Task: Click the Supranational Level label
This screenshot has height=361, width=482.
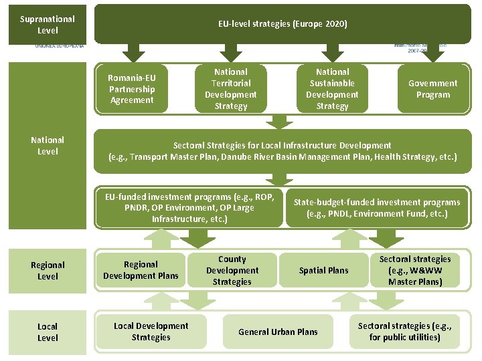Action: (x=48, y=25)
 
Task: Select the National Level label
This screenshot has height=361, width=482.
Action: (x=48, y=146)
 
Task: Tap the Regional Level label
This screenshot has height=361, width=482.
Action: (x=48, y=271)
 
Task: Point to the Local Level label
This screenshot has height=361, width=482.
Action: (x=48, y=332)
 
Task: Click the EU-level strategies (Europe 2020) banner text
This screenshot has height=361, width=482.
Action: (x=283, y=24)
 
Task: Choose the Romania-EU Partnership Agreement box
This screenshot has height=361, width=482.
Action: (x=132, y=89)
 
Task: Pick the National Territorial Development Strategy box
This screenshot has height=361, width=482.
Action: (x=231, y=89)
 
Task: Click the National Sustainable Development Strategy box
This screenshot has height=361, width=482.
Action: (x=332, y=89)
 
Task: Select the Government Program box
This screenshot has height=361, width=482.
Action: (x=433, y=89)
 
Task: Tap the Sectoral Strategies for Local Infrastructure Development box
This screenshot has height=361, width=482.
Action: (x=283, y=151)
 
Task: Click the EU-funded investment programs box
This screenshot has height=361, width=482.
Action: (x=189, y=208)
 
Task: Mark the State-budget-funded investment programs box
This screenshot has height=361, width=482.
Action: (x=377, y=208)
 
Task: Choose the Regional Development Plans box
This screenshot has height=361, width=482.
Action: (x=141, y=270)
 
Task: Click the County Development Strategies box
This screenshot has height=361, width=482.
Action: (x=232, y=270)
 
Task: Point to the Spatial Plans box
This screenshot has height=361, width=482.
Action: (x=323, y=270)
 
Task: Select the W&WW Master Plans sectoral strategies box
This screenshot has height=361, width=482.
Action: (x=415, y=270)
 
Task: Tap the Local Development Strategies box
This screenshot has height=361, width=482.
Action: (x=151, y=332)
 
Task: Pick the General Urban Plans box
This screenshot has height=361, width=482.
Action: (x=278, y=332)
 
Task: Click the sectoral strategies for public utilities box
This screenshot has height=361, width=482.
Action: (x=404, y=332)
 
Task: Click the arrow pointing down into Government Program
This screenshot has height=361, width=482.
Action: (x=433, y=52)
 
